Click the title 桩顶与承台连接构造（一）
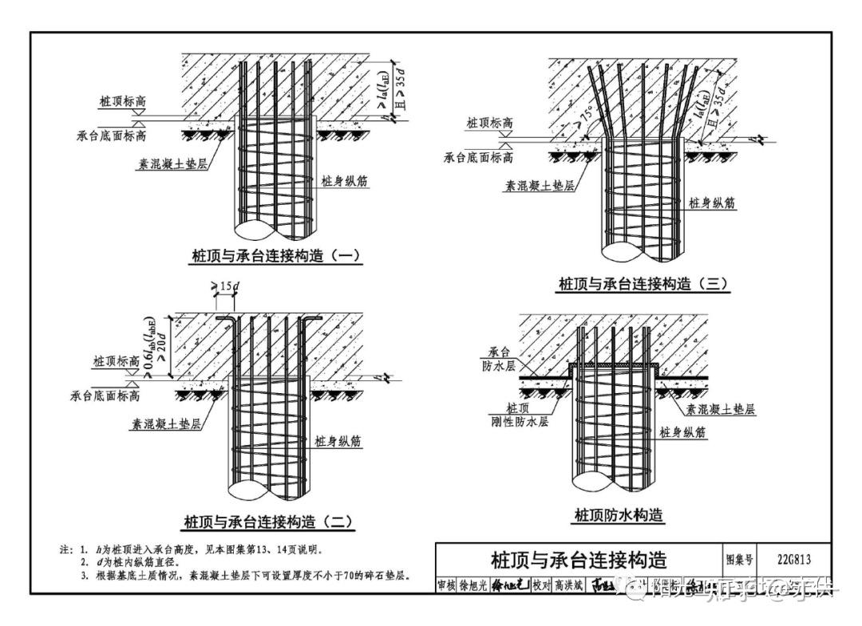[x=276, y=256]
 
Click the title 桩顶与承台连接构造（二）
[x=268, y=522]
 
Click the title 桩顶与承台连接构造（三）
[x=643, y=284]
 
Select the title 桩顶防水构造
[x=619, y=515]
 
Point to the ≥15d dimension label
[x=225, y=286]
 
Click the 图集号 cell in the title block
[x=739, y=558]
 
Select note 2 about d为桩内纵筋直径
[x=139, y=562]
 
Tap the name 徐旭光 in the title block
[x=472, y=585]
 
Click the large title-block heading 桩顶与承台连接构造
[x=579, y=558]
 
